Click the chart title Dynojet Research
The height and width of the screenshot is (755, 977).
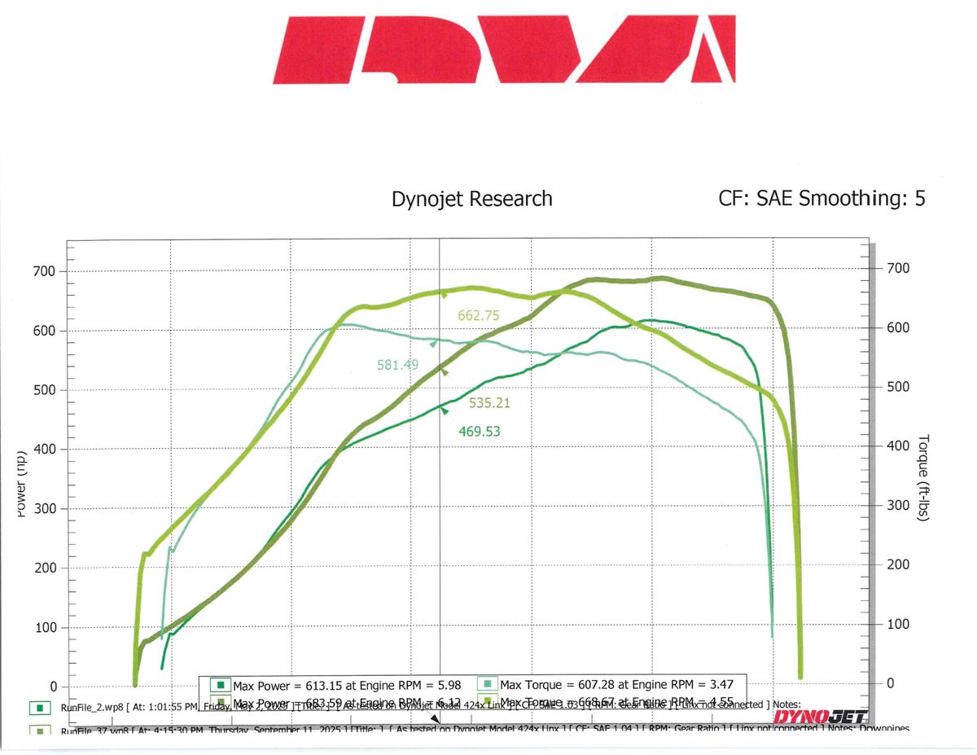[x=471, y=199]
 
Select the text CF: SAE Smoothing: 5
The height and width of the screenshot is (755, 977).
[x=821, y=199]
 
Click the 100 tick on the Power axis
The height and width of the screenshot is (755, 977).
[x=44, y=628]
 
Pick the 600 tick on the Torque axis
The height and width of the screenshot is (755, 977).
[x=897, y=327]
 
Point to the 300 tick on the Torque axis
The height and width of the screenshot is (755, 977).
[x=897, y=506]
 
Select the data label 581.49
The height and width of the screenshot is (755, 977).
[x=397, y=365]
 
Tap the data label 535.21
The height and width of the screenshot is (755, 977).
[x=490, y=402]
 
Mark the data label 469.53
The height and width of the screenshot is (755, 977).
[x=479, y=432]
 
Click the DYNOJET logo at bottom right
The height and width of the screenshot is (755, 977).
[x=820, y=717]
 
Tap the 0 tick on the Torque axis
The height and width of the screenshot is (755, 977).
[x=890, y=683]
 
